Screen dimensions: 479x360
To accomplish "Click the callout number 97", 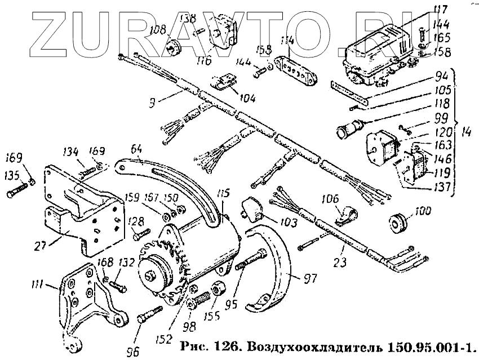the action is pyautogui.click(x=311, y=278).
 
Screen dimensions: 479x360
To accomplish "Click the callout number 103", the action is pyautogui.click(x=288, y=223).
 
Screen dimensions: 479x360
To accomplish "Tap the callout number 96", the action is pyautogui.click(x=133, y=352).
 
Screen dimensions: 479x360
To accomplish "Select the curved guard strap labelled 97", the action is pyautogui.click(x=274, y=265).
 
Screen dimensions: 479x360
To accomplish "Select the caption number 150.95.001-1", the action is pyautogui.click(x=429, y=344).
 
